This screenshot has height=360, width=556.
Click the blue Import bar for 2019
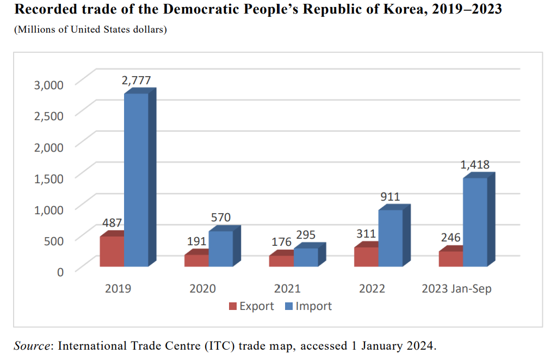[136, 179]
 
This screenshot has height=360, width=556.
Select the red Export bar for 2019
[112, 251]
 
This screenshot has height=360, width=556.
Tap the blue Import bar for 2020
[221, 249]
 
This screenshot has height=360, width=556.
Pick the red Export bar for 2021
[281, 260]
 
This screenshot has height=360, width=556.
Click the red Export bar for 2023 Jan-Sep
[451, 259]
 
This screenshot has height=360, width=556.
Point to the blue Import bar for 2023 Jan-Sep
[475, 222]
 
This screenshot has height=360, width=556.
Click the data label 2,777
[136, 80]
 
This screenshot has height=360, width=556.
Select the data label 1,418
[475, 165]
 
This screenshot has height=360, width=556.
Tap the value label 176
[281, 242]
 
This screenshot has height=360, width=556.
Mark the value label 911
[390, 196]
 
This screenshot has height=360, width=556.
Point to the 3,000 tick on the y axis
[49, 84]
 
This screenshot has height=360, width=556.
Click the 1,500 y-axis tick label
[49, 178]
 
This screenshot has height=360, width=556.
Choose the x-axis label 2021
[287, 288]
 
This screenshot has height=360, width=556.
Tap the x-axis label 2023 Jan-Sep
[456, 288]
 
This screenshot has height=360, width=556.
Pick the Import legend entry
[308, 306]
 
